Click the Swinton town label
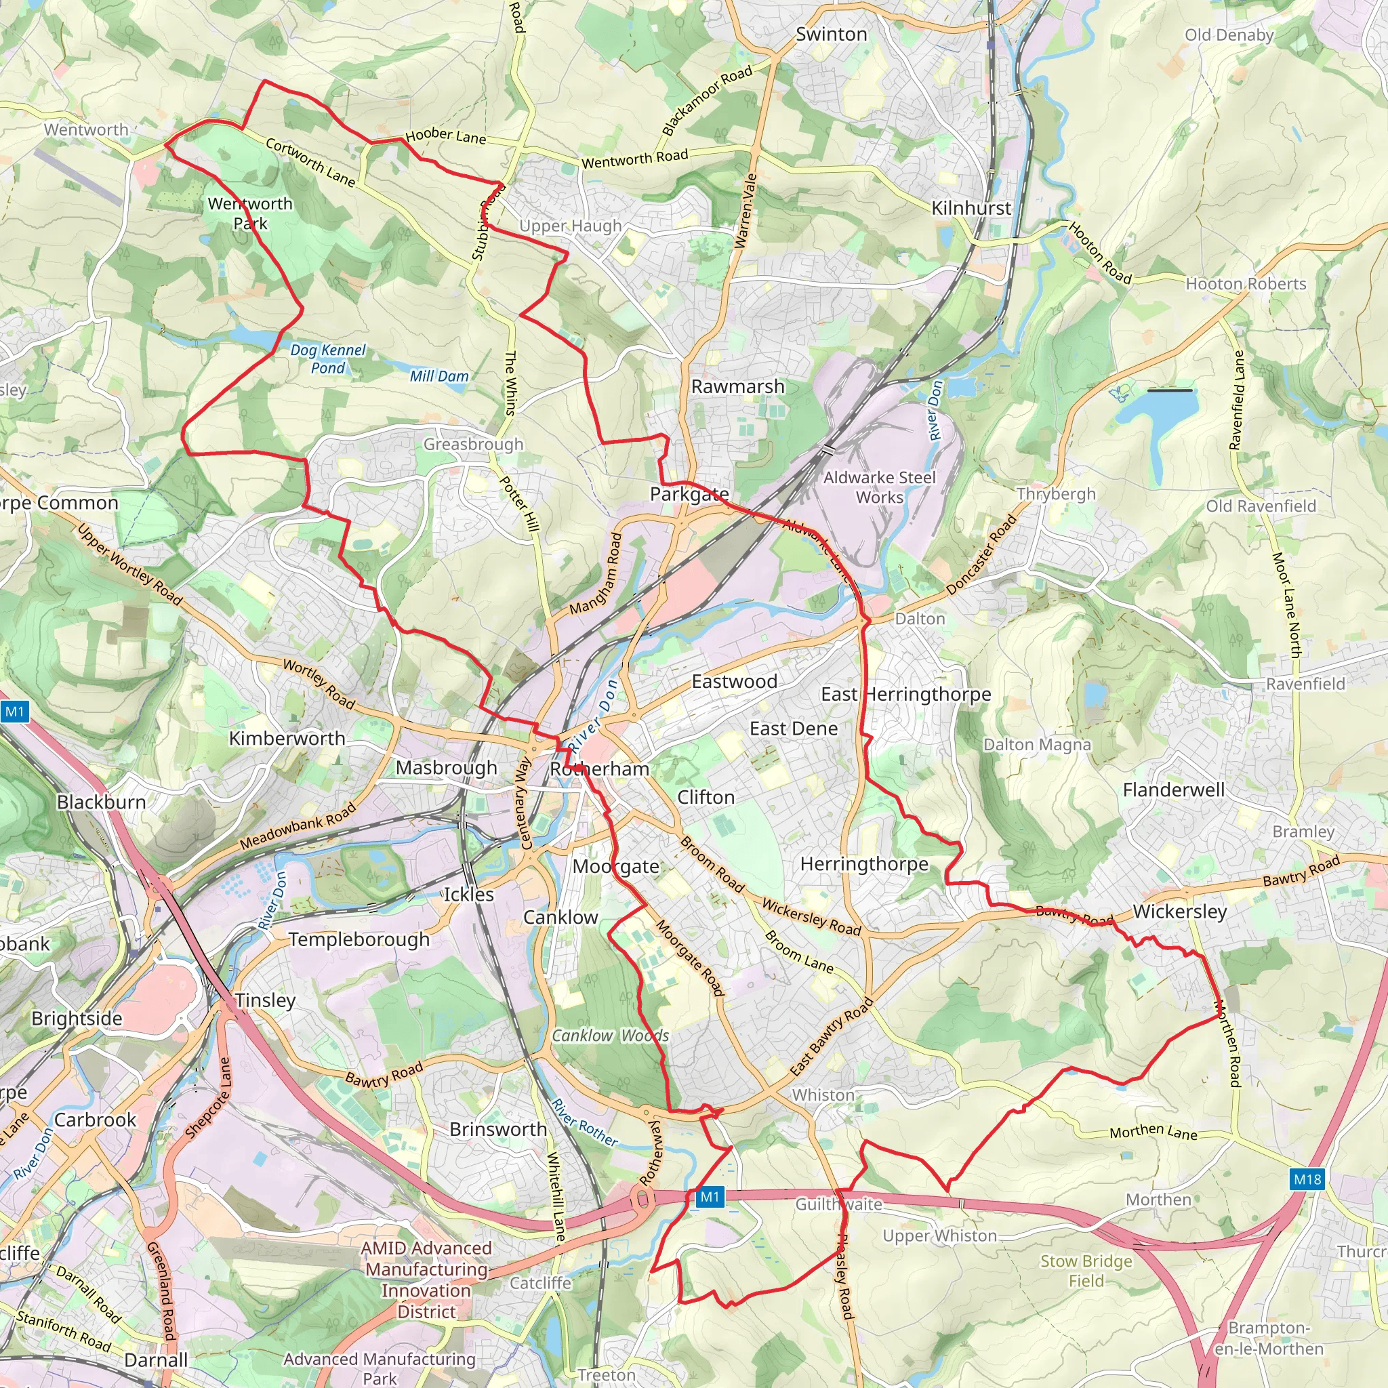[x=831, y=35]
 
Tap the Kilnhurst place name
[x=971, y=208]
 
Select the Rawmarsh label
[x=737, y=386]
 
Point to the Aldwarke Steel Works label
[x=879, y=487]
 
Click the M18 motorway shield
[x=1307, y=1179]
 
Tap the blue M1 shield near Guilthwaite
[x=709, y=1197]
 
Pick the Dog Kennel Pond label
[x=328, y=359]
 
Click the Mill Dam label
[x=439, y=376]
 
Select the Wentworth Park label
[x=250, y=213]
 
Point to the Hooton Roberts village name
[x=1246, y=284]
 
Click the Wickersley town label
[x=1179, y=912]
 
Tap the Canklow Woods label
[x=610, y=1036]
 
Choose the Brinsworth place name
[x=498, y=1129]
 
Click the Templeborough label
[x=359, y=940]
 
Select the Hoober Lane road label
[x=445, y=136]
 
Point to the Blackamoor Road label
[x=707, y=100]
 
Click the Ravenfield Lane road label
[x=1236, y=400]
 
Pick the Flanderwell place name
[x=1173, y=790]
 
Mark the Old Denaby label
[x=1229, y=35]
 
